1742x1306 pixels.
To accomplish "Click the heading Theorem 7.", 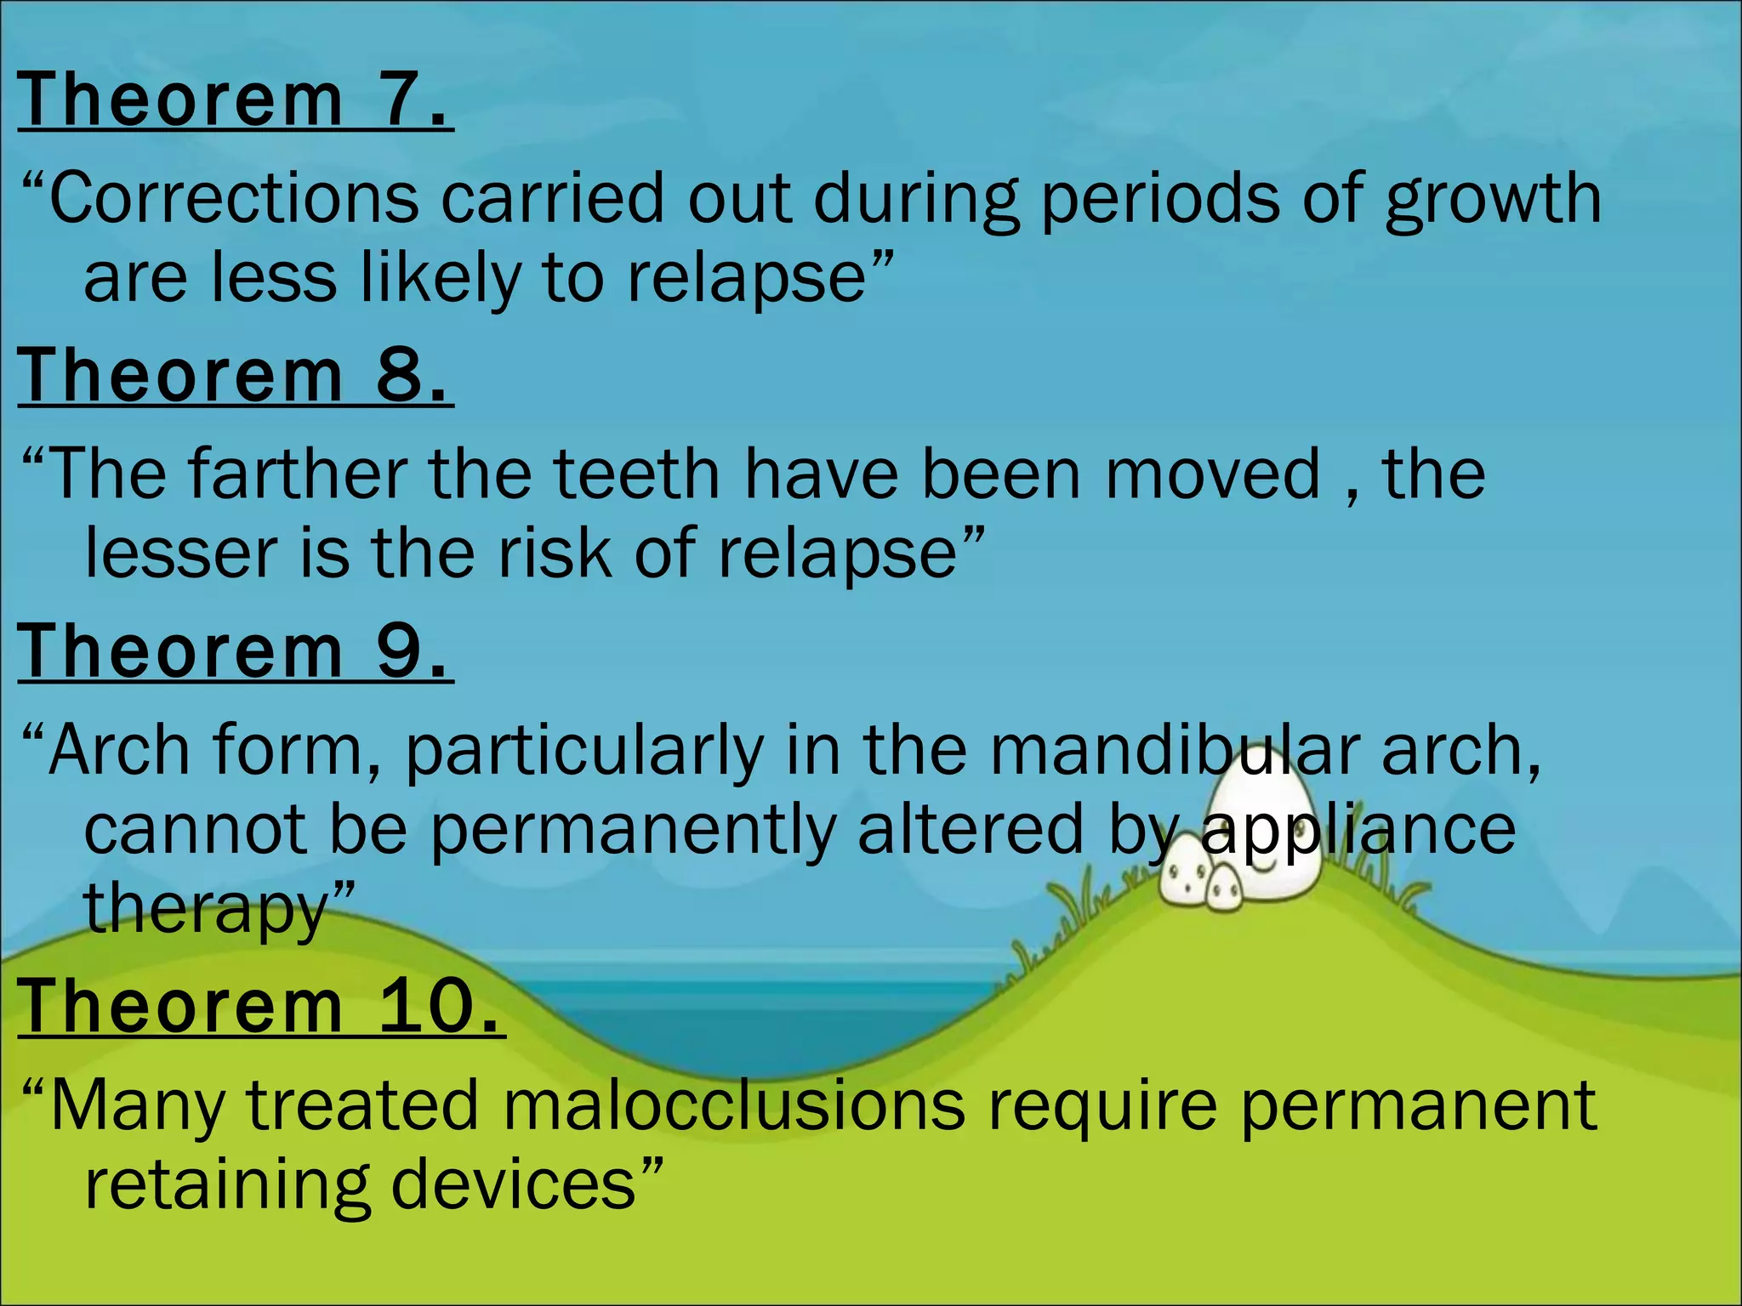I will coord(235,100).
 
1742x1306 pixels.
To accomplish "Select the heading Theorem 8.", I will coord(235,376).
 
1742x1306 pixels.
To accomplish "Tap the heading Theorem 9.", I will coord(235,651).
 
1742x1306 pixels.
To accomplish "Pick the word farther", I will coord(298,474).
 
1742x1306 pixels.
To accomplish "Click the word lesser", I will coord(180,554).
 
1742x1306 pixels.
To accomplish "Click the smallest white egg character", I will coord(1225,886).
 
